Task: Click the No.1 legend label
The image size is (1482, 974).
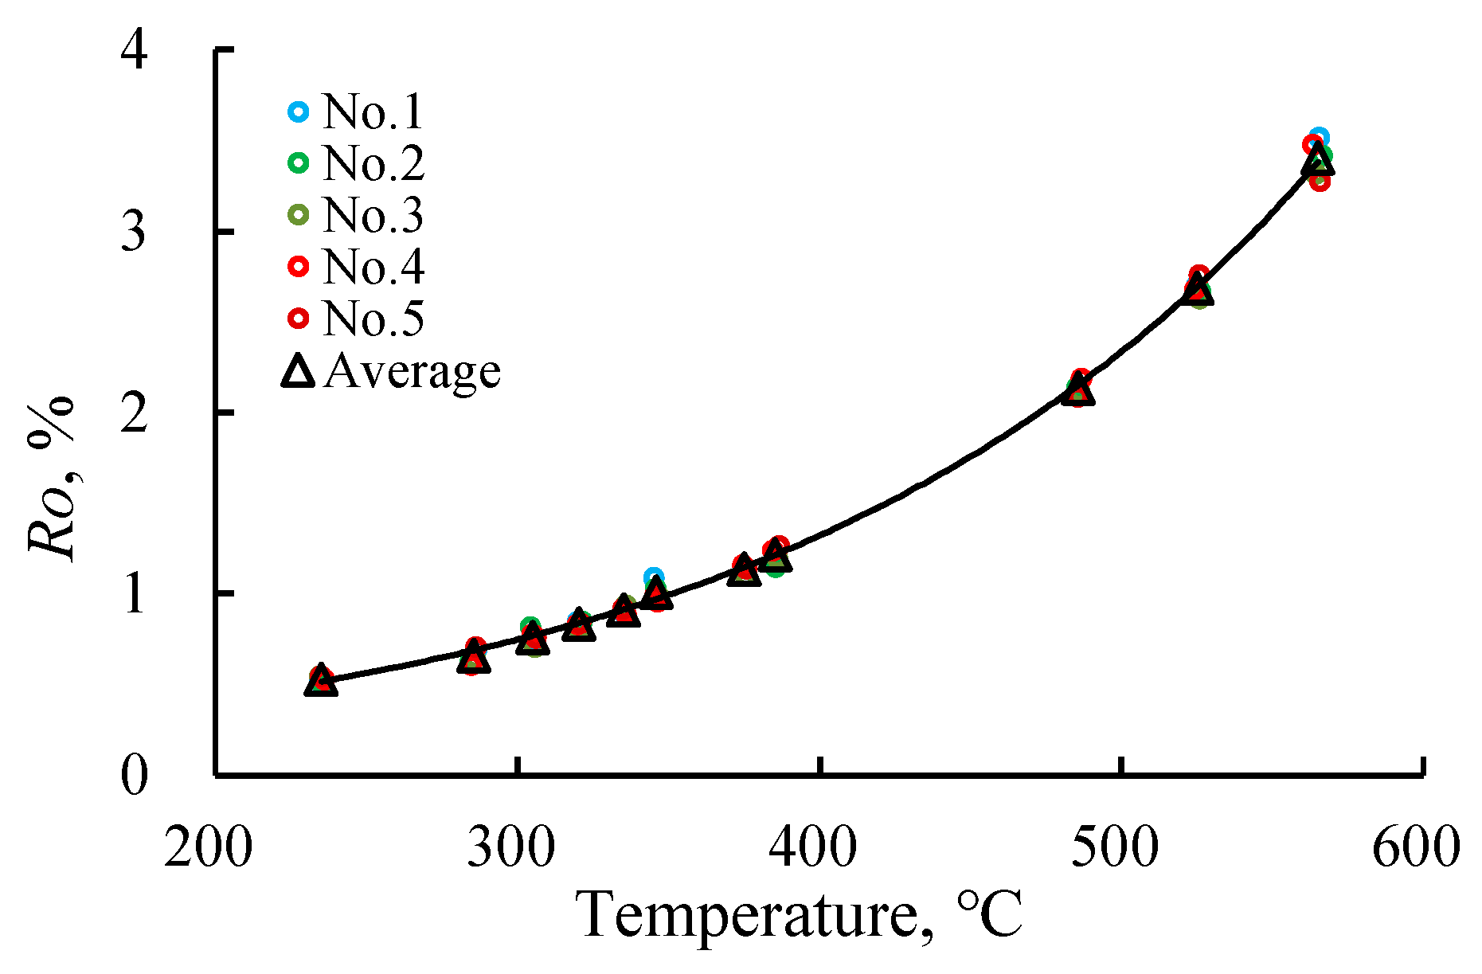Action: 373,111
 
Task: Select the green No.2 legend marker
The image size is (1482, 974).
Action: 298,162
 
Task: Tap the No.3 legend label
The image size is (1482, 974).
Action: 373,214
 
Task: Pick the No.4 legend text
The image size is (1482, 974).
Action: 373,266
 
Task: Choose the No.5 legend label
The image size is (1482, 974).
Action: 373,318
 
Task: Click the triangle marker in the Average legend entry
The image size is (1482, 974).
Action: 298,371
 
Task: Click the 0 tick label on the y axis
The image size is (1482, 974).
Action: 133,775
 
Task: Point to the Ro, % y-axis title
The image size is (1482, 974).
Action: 53,478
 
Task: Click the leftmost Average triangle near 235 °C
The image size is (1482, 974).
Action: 321,681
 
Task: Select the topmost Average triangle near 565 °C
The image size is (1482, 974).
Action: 1317,160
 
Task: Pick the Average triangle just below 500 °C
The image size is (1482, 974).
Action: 1078,390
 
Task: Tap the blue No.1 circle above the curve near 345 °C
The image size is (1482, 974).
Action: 654,577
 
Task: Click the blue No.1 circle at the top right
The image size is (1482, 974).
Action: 1319,137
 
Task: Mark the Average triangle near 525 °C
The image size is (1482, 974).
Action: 1197,290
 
